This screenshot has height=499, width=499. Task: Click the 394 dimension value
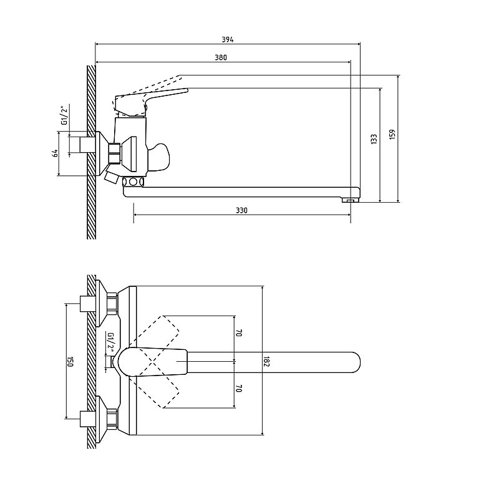(228, 40)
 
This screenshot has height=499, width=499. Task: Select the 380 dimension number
(221, 57)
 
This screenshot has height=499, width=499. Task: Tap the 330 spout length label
(241, 210)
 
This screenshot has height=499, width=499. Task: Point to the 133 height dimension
(374, 139)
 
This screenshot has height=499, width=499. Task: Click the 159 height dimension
(392, 134)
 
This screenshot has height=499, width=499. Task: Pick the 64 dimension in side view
(56, 153)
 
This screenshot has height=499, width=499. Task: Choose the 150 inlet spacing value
(70, 362)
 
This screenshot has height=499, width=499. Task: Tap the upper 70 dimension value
(240, 333)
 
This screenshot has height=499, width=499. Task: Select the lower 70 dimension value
(240, 388)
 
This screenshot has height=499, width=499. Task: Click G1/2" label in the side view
(65, 115)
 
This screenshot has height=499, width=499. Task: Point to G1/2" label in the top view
(111, 342)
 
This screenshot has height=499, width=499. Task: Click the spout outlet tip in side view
(350, 200)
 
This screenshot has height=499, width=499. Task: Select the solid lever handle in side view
(150, 102)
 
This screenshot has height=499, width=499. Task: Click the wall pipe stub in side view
(84, 145)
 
